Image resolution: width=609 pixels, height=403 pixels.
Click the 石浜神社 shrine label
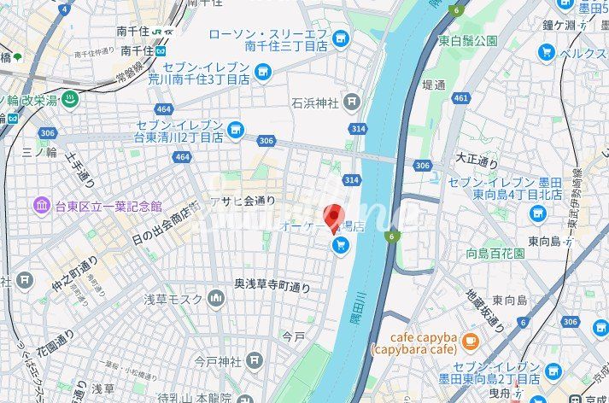point(315,103)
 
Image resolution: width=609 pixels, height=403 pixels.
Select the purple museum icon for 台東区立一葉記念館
point(41,206)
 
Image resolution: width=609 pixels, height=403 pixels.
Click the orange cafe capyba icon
point(469,342)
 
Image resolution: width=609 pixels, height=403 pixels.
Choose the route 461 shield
point(461,99)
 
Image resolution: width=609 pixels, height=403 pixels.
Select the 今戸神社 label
point(219,361)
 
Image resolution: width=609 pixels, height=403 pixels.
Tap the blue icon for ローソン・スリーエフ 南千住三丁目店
point(341,37)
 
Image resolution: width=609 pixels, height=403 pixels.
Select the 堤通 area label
point(433,85)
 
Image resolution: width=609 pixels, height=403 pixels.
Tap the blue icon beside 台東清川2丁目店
point(236,130)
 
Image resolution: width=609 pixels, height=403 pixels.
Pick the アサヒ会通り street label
point(248,201)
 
